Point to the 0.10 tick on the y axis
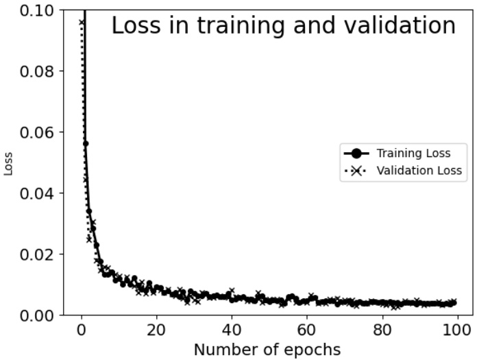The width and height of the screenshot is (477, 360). click(34, 10)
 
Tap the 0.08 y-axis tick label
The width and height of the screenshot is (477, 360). click(34, 71)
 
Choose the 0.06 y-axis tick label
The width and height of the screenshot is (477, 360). click(34, 132)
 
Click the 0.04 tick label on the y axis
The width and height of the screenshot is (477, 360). click(34, 193)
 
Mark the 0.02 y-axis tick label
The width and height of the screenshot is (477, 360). click(34, 254)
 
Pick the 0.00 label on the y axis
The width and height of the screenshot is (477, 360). click(34, 315)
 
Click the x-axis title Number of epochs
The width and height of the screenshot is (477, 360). click(267, 350)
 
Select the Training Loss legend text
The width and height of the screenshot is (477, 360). click(413, 154)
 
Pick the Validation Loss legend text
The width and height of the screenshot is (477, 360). click(419, 171)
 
